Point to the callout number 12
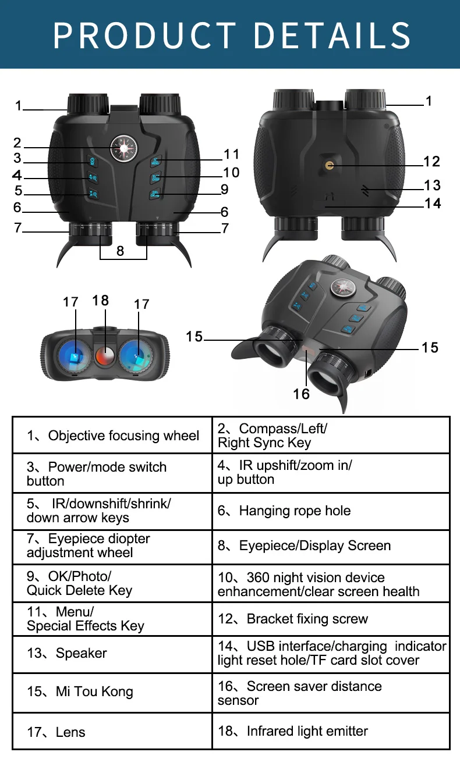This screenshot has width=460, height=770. pos(431,161)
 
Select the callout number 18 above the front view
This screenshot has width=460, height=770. pos(100,300)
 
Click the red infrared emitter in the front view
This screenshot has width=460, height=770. pos(105,354)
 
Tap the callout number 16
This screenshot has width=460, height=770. pos(301,394)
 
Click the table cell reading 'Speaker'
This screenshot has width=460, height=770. pos(112,653)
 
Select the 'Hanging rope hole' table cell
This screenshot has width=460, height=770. pos(331,511)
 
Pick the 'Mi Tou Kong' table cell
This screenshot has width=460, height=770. pos(112,691)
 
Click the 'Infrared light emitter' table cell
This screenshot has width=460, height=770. pos(331,731)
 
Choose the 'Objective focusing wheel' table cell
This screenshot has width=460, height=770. pos(112,436)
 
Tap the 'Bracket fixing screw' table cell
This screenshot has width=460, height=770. pos(331,619)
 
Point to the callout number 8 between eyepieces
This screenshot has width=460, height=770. pos(120,251)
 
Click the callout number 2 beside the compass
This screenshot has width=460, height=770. pos(17,143)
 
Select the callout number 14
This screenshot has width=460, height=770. pos(433,203)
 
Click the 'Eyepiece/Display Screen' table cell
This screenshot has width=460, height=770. pos(331,546)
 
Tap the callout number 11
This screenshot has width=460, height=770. pos(232,154)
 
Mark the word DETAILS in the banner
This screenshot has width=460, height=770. pos(332,35)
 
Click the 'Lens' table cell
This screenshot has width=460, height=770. pos(112,732)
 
